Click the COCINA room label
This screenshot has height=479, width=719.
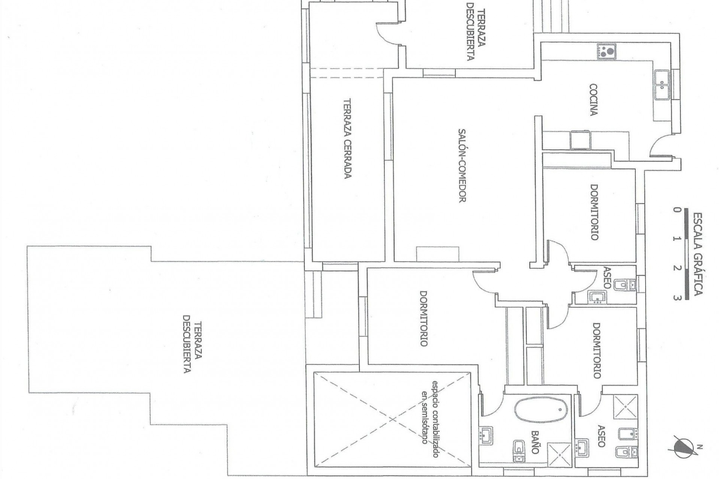click(593, 100)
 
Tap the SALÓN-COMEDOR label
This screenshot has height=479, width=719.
click(462, 165)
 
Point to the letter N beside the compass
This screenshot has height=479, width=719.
click(699, 446)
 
